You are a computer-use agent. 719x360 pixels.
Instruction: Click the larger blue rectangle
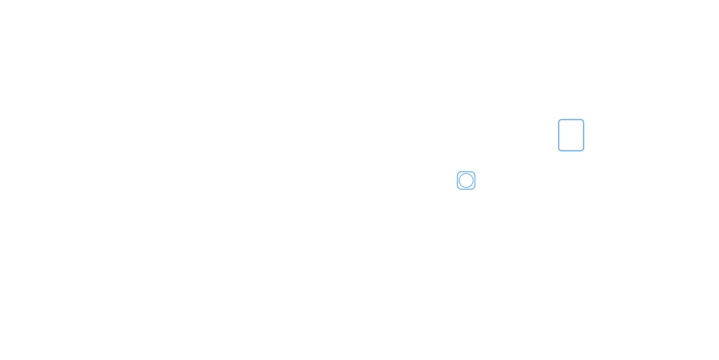tap(571, 135)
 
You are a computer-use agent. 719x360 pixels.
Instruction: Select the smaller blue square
tap(468, 180)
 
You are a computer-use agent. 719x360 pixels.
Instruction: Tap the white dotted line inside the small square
tap(460, 180)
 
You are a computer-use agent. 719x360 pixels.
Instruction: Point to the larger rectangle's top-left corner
tap(557, 118)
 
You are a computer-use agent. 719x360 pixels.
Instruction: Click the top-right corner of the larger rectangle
tap(585, 118)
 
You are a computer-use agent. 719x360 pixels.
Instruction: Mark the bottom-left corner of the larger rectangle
tap(557, 152)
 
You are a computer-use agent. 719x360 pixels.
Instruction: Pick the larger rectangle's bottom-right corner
tap(585, 152)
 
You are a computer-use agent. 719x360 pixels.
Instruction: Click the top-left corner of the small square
tap(456, 171)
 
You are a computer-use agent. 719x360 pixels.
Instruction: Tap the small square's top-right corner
tap(475, 171)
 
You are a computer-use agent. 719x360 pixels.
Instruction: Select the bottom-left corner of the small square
tap(456, 190)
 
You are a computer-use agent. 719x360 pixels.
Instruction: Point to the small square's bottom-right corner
tap(475, 190)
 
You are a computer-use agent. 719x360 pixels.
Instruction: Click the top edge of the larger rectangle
tap(571, 118)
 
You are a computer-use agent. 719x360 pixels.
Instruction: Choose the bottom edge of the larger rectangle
tap(571, 152)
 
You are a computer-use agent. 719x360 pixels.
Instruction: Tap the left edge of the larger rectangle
tap(557, 135)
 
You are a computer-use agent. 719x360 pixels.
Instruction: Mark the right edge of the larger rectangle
tap(585, 135)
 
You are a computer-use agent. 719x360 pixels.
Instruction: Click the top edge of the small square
tap(467, 171)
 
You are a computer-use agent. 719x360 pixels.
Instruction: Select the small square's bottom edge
tap(467, 190)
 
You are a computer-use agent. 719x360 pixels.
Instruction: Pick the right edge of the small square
tap(475, 180)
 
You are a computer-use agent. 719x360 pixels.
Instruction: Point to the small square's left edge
tap(456, 180)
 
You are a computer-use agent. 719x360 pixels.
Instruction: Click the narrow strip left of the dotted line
tap(458, 180)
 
